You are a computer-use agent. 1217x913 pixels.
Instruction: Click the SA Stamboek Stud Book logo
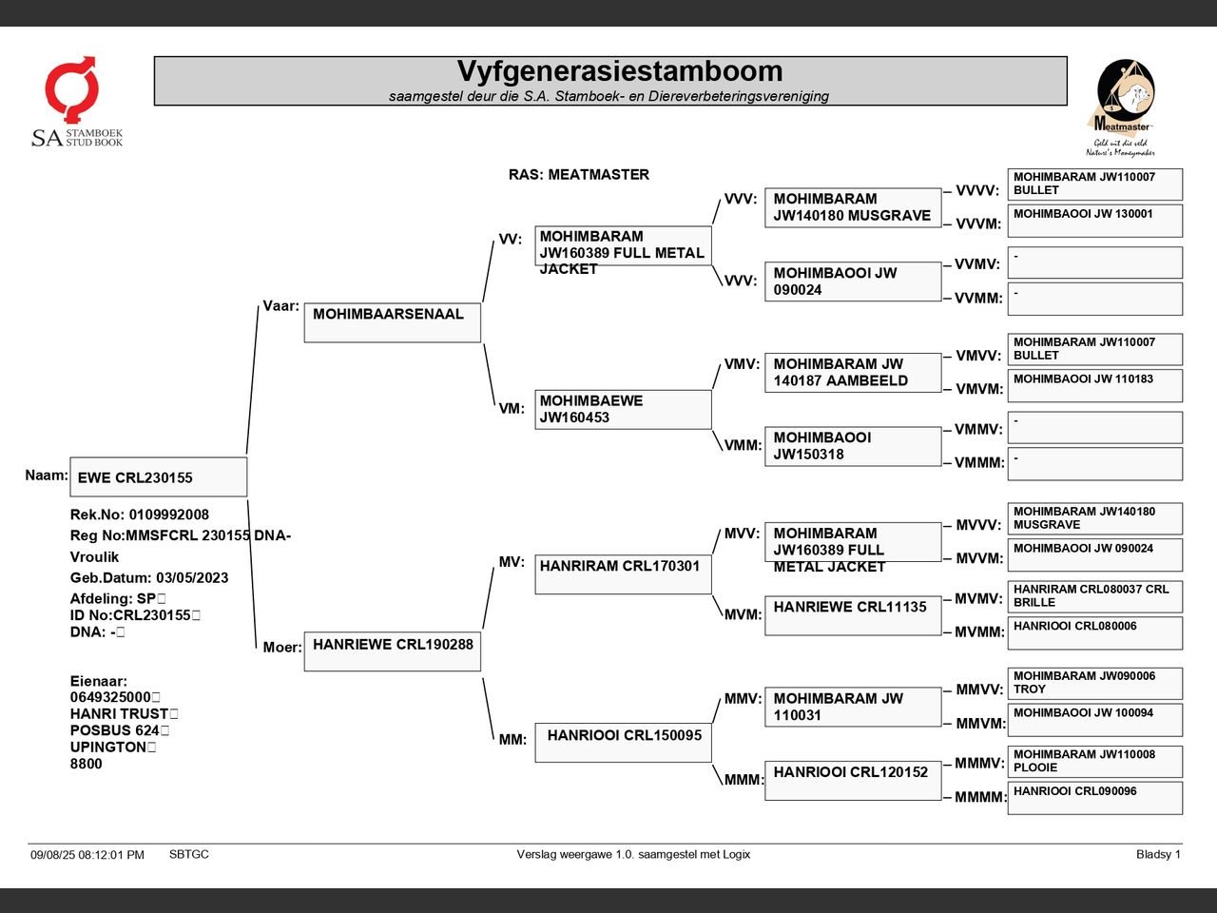[77, 102]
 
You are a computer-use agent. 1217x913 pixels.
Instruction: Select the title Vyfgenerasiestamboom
[620, 71]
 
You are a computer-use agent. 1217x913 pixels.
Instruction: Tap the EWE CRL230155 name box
[159, 476]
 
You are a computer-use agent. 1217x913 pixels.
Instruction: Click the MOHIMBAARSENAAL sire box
[393, 322]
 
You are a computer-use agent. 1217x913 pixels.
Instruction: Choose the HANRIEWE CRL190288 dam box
[393, 651]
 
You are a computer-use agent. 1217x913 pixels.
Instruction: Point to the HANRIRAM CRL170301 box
[623, 574]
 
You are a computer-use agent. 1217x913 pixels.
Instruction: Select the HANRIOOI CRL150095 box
[623, 743]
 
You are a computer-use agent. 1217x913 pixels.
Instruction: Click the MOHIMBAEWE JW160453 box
[623, 410]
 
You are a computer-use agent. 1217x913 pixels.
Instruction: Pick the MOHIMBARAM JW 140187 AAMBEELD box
[853, 373]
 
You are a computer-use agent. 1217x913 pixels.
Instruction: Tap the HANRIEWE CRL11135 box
[853, 615]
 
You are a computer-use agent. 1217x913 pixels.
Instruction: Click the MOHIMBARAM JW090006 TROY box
[1095, 684]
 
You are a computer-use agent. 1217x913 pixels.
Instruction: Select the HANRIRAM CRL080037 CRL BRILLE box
[1095, 596]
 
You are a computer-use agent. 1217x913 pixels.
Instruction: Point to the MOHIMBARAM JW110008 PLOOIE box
[1095, 762]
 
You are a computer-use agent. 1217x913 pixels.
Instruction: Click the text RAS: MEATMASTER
[579, 175]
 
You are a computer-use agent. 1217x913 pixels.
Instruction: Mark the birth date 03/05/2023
[192, 577]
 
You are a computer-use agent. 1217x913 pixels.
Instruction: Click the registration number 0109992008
[169, 515]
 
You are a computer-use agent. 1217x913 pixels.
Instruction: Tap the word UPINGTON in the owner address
[108, 748]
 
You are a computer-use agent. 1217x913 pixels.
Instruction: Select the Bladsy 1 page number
[1158, 854]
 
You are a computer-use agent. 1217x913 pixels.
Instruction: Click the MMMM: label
[979, 797]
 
